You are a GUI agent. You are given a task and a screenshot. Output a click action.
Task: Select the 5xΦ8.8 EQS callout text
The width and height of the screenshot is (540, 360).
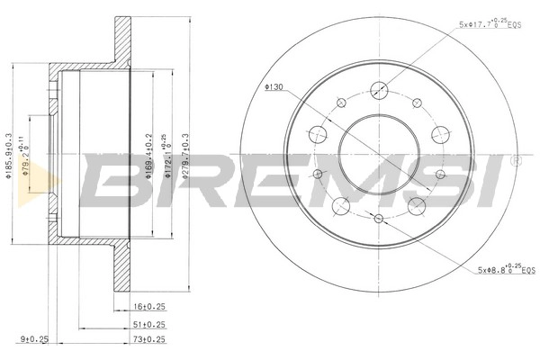(x=490, y=268)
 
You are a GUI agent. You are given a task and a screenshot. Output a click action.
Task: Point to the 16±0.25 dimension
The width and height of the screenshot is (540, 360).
(x=149, y=307)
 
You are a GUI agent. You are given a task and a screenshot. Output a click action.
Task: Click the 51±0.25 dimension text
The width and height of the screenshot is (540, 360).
(x=149, y=326)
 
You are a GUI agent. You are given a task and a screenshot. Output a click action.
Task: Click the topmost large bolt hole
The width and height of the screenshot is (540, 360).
(x=379, y=89)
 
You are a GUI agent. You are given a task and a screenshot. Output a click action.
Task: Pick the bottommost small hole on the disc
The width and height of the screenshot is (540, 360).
(x=379, y=219)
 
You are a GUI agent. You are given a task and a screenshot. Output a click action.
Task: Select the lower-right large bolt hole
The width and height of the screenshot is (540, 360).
(x=417, y=206)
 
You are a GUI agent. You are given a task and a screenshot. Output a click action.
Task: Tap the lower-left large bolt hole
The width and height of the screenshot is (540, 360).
(x=341, y=206)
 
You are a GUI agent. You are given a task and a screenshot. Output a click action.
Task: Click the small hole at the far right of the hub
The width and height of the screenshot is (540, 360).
(x=440, y=175)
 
